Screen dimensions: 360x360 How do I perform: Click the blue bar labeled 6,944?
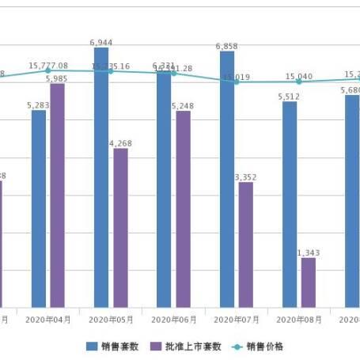(x=101, y=177)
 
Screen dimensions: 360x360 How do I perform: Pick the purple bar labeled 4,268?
(x=120, y=228)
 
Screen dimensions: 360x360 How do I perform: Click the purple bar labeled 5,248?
(x=183, y=209)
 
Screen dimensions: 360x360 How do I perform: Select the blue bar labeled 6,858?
(x=227, y=179)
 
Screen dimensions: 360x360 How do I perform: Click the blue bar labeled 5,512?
(x=290, y=204)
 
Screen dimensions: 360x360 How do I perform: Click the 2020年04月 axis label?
(x=48, y=320)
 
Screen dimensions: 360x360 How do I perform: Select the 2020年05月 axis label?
(x=111, y=320)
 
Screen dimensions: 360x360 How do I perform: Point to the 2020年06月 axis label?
(x=173, y=320)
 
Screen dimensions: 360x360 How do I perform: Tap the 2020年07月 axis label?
(x=237, y=320)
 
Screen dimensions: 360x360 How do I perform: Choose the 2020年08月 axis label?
(x=299, y=320)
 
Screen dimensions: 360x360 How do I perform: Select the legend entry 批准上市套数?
(x=184, y=346)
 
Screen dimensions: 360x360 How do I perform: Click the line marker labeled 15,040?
(x=299, y=81)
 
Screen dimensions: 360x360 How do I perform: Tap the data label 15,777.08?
(x=48, y=66)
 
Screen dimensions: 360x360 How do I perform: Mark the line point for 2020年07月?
(x=237, y=81)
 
